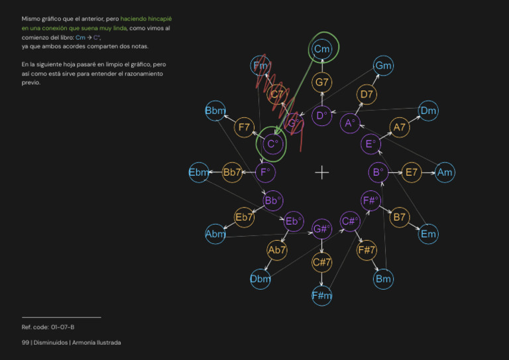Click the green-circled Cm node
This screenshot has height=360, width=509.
pos(322,49)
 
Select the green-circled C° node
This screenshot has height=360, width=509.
pos(272,143)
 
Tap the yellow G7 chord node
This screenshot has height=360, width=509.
pos(322,83)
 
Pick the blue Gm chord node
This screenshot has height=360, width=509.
pos(383,65)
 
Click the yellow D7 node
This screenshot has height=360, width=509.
pos(367,95)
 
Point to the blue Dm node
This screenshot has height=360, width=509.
pos(428,111)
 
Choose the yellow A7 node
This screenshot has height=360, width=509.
pos(399,127)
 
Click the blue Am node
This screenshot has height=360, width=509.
pos(445,172)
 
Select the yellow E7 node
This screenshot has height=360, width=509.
pos(411,172)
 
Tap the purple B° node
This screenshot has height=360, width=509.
pos(378,172)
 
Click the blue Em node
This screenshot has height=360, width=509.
pos(428,233)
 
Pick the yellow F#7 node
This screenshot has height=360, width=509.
pos(367,250)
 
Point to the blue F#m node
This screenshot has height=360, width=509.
pos(322,296)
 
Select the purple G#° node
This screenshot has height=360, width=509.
pos(322,229)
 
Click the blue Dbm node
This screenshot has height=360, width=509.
pos(260,279)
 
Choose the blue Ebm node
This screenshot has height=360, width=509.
pos(199,172)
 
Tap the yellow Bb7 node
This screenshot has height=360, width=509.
pos(233,172)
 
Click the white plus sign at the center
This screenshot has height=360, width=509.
pos(322,172)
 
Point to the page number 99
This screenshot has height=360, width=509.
pos(25,342)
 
